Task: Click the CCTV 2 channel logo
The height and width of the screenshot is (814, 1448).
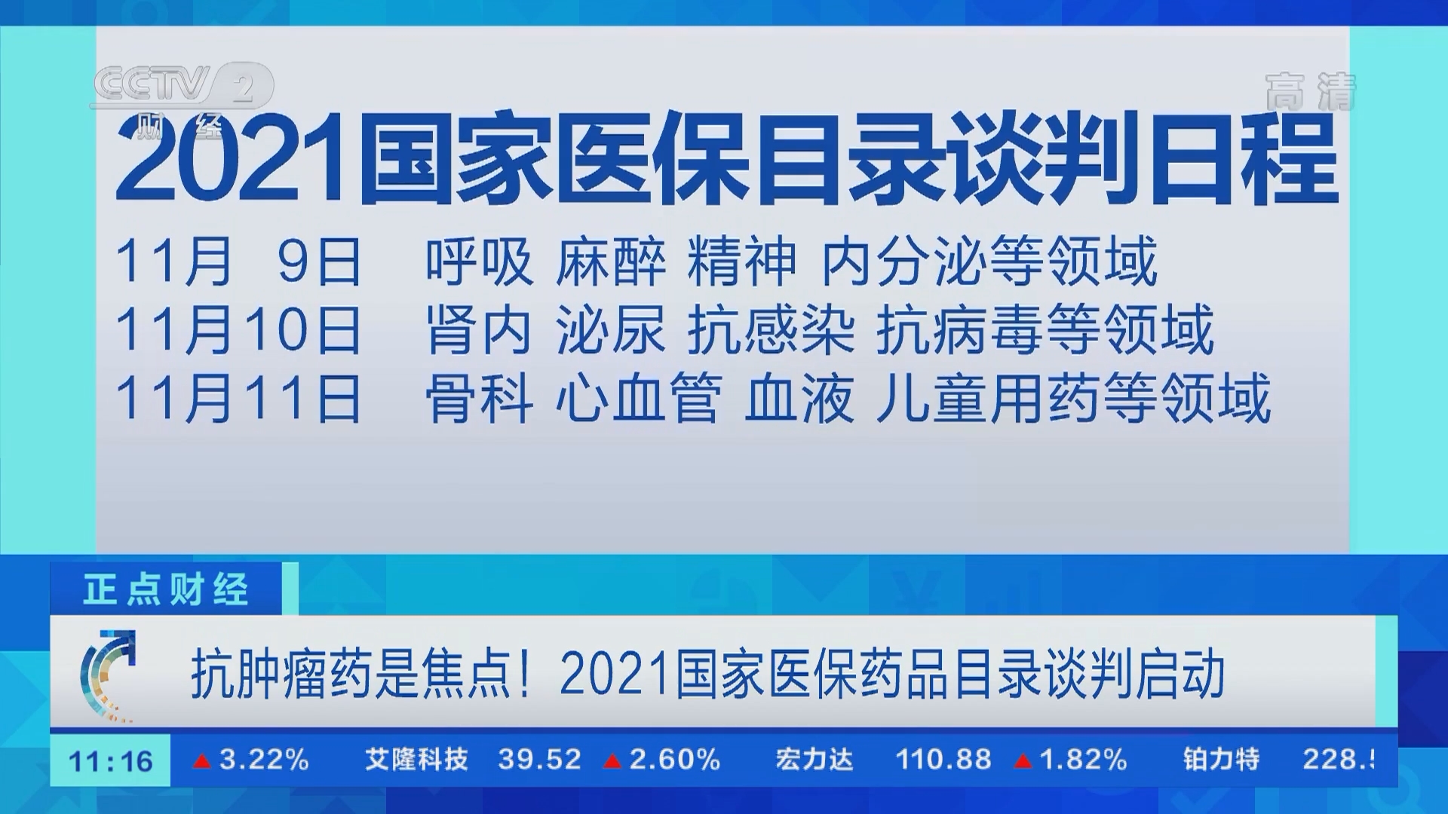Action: point(181,87)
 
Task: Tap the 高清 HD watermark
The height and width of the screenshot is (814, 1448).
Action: point(1310,92)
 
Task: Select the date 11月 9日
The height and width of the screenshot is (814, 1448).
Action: point(238,262)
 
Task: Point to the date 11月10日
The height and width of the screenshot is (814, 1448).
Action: point(238,329)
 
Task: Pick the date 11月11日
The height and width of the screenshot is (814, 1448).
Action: point(238,397)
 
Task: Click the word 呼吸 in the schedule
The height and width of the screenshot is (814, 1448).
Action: point(479,262)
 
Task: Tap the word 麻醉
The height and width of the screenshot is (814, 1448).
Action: point(611,262)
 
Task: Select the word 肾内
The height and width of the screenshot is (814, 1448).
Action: point(479,329)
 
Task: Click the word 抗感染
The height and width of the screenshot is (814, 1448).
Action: point(771,329)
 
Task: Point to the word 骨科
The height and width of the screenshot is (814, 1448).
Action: point(479,397)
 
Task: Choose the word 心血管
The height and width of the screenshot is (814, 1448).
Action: point(639,397)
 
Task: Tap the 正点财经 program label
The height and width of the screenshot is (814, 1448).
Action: point(166,589)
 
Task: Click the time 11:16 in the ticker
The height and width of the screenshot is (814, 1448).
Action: point(111,761)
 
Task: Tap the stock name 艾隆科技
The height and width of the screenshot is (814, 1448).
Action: point(417,760)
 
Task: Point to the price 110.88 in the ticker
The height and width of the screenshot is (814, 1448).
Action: point(943,760)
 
